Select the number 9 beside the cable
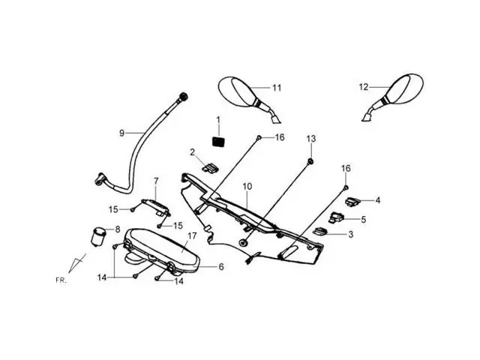[x=121, y=133]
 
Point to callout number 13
[x=311, y=139]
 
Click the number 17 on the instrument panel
[x=192, y=235]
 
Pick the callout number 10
[x=247, y=185]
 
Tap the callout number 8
[x=117, y=229]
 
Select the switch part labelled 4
[x=352, y=200]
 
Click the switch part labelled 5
[x=336, y=217]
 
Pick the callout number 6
[x=220, y=266]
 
